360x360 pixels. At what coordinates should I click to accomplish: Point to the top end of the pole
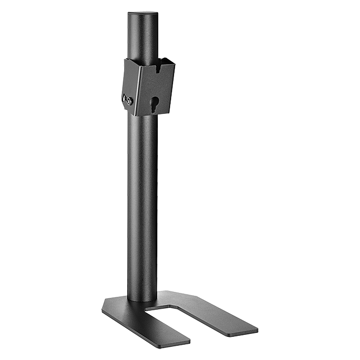pyautogui.click(x=143, y=15)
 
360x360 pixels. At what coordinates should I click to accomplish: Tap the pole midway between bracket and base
pyautogui.click(x=143, y=207)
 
